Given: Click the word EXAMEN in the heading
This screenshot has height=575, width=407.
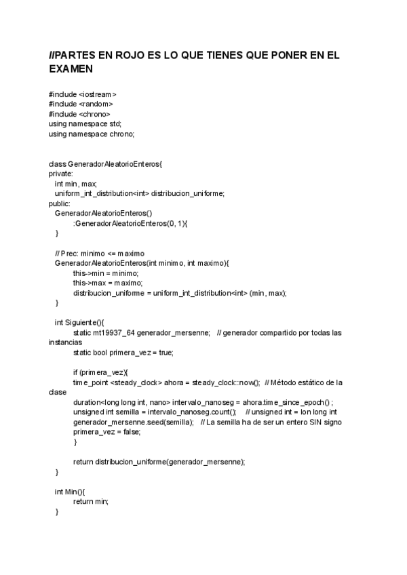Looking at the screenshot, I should pyautogui.click(x=71, y=69).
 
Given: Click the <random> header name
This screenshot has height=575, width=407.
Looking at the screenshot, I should pyautogui.click(x=96, y=104).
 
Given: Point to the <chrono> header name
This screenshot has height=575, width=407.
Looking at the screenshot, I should pyautogui.click(x=94, y=114).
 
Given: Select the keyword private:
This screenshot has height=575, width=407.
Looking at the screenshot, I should pyautogui.click(x=61, y=174).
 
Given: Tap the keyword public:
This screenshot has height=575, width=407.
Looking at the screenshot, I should pyautogui.click(x=60, y=203).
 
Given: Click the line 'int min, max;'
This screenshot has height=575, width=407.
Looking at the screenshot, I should pyautogui.click(x=76, y=184).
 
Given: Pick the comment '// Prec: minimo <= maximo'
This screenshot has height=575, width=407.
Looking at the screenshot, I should pyautogui.click(x=99, y=253).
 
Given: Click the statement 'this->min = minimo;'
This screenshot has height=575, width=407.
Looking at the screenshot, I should pyautogui.click(x=106, y=273).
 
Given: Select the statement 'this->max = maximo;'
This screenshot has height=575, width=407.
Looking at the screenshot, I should pyautogui.click(x=107, y=283).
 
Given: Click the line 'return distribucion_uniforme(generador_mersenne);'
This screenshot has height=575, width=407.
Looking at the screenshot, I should pyautogui.click(x=159, y=461).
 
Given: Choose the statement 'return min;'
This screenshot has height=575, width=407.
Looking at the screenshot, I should pyautogui.click(x=91, y=501).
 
